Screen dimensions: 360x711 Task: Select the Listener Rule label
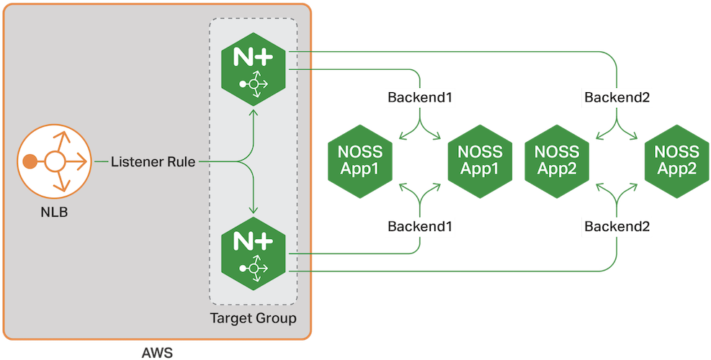coord(153,161)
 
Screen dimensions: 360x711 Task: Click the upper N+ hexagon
coord(253,69)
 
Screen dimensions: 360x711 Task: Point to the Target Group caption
coord(253,318)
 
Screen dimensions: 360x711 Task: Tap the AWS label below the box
coord(157,352)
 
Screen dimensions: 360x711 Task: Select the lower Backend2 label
coord(618,226)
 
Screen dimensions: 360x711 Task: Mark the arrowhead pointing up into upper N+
coord(253,111)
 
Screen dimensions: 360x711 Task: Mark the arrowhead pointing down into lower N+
coord(253,211)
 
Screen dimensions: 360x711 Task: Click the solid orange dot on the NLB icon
coord(30,161)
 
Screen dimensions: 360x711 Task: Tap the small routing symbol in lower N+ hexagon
coord(254,268)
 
